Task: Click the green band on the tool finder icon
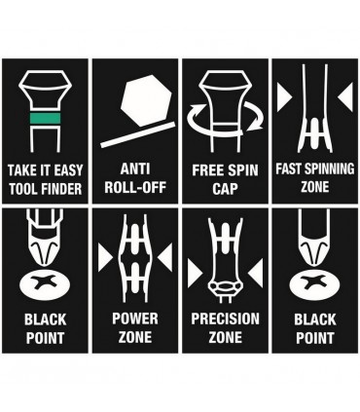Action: point(45,119)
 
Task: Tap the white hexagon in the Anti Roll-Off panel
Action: point(146,100)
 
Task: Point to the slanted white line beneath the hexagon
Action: point(138,134)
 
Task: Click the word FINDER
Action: point(62,189)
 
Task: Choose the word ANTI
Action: point(135,169)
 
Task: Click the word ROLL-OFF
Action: point(135,187)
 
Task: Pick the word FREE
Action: point(206,170)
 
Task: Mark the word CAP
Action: point(225,189)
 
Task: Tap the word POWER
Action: point(135,318)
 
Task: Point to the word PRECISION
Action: point(225,318)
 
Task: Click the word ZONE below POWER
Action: point(135,337)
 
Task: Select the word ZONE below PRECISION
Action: point(225,337)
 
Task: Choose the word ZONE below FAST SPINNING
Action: point(315,187)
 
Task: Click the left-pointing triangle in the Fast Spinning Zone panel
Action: point(345,96)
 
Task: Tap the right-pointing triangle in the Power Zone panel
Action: point(104,258)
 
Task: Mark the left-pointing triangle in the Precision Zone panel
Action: point(256,274)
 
